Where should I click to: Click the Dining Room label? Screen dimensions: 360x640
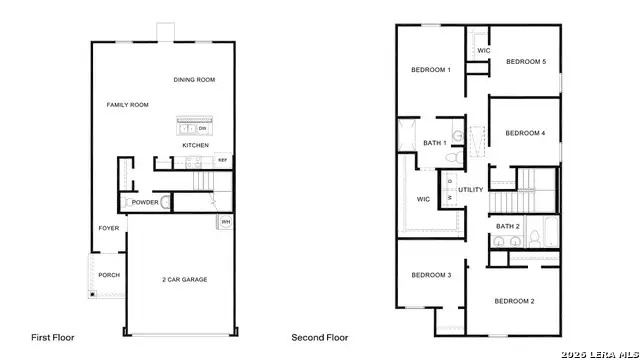click(x=194, y=80)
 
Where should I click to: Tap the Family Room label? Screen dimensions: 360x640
click(x=127, y=105)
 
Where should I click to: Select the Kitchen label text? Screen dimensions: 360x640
click(x=195, y=146)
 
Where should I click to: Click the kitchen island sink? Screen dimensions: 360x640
click(x=186, y=127)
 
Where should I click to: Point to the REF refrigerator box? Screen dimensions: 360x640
click(x=222, y=160)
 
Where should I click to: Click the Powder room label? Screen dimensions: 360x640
click(x=145, y=202)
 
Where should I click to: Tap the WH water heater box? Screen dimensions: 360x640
click(x=226, y=222)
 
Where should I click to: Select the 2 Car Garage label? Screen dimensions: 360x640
click(x=184, y=279)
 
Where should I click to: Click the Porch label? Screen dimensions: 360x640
click(x=109, y=275)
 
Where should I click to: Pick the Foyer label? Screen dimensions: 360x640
click(x=108, y=228)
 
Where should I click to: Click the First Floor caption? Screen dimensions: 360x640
click(x=52, y=338)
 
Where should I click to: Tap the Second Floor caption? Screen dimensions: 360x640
click(x=320, y=338)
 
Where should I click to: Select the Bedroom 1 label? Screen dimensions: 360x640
click(x=431, y=70)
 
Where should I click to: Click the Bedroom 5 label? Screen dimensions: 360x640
click(x=526, y=62)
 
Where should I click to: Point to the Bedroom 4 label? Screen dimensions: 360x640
click(x=525, y=133)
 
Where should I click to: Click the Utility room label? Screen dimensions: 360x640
click(x=471, y=190)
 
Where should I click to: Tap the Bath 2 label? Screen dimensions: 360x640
click(x=508, y=227)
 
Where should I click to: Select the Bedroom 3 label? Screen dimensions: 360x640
click(x=431, y=275)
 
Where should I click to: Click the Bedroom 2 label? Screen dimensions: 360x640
click(x=514, y=301)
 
